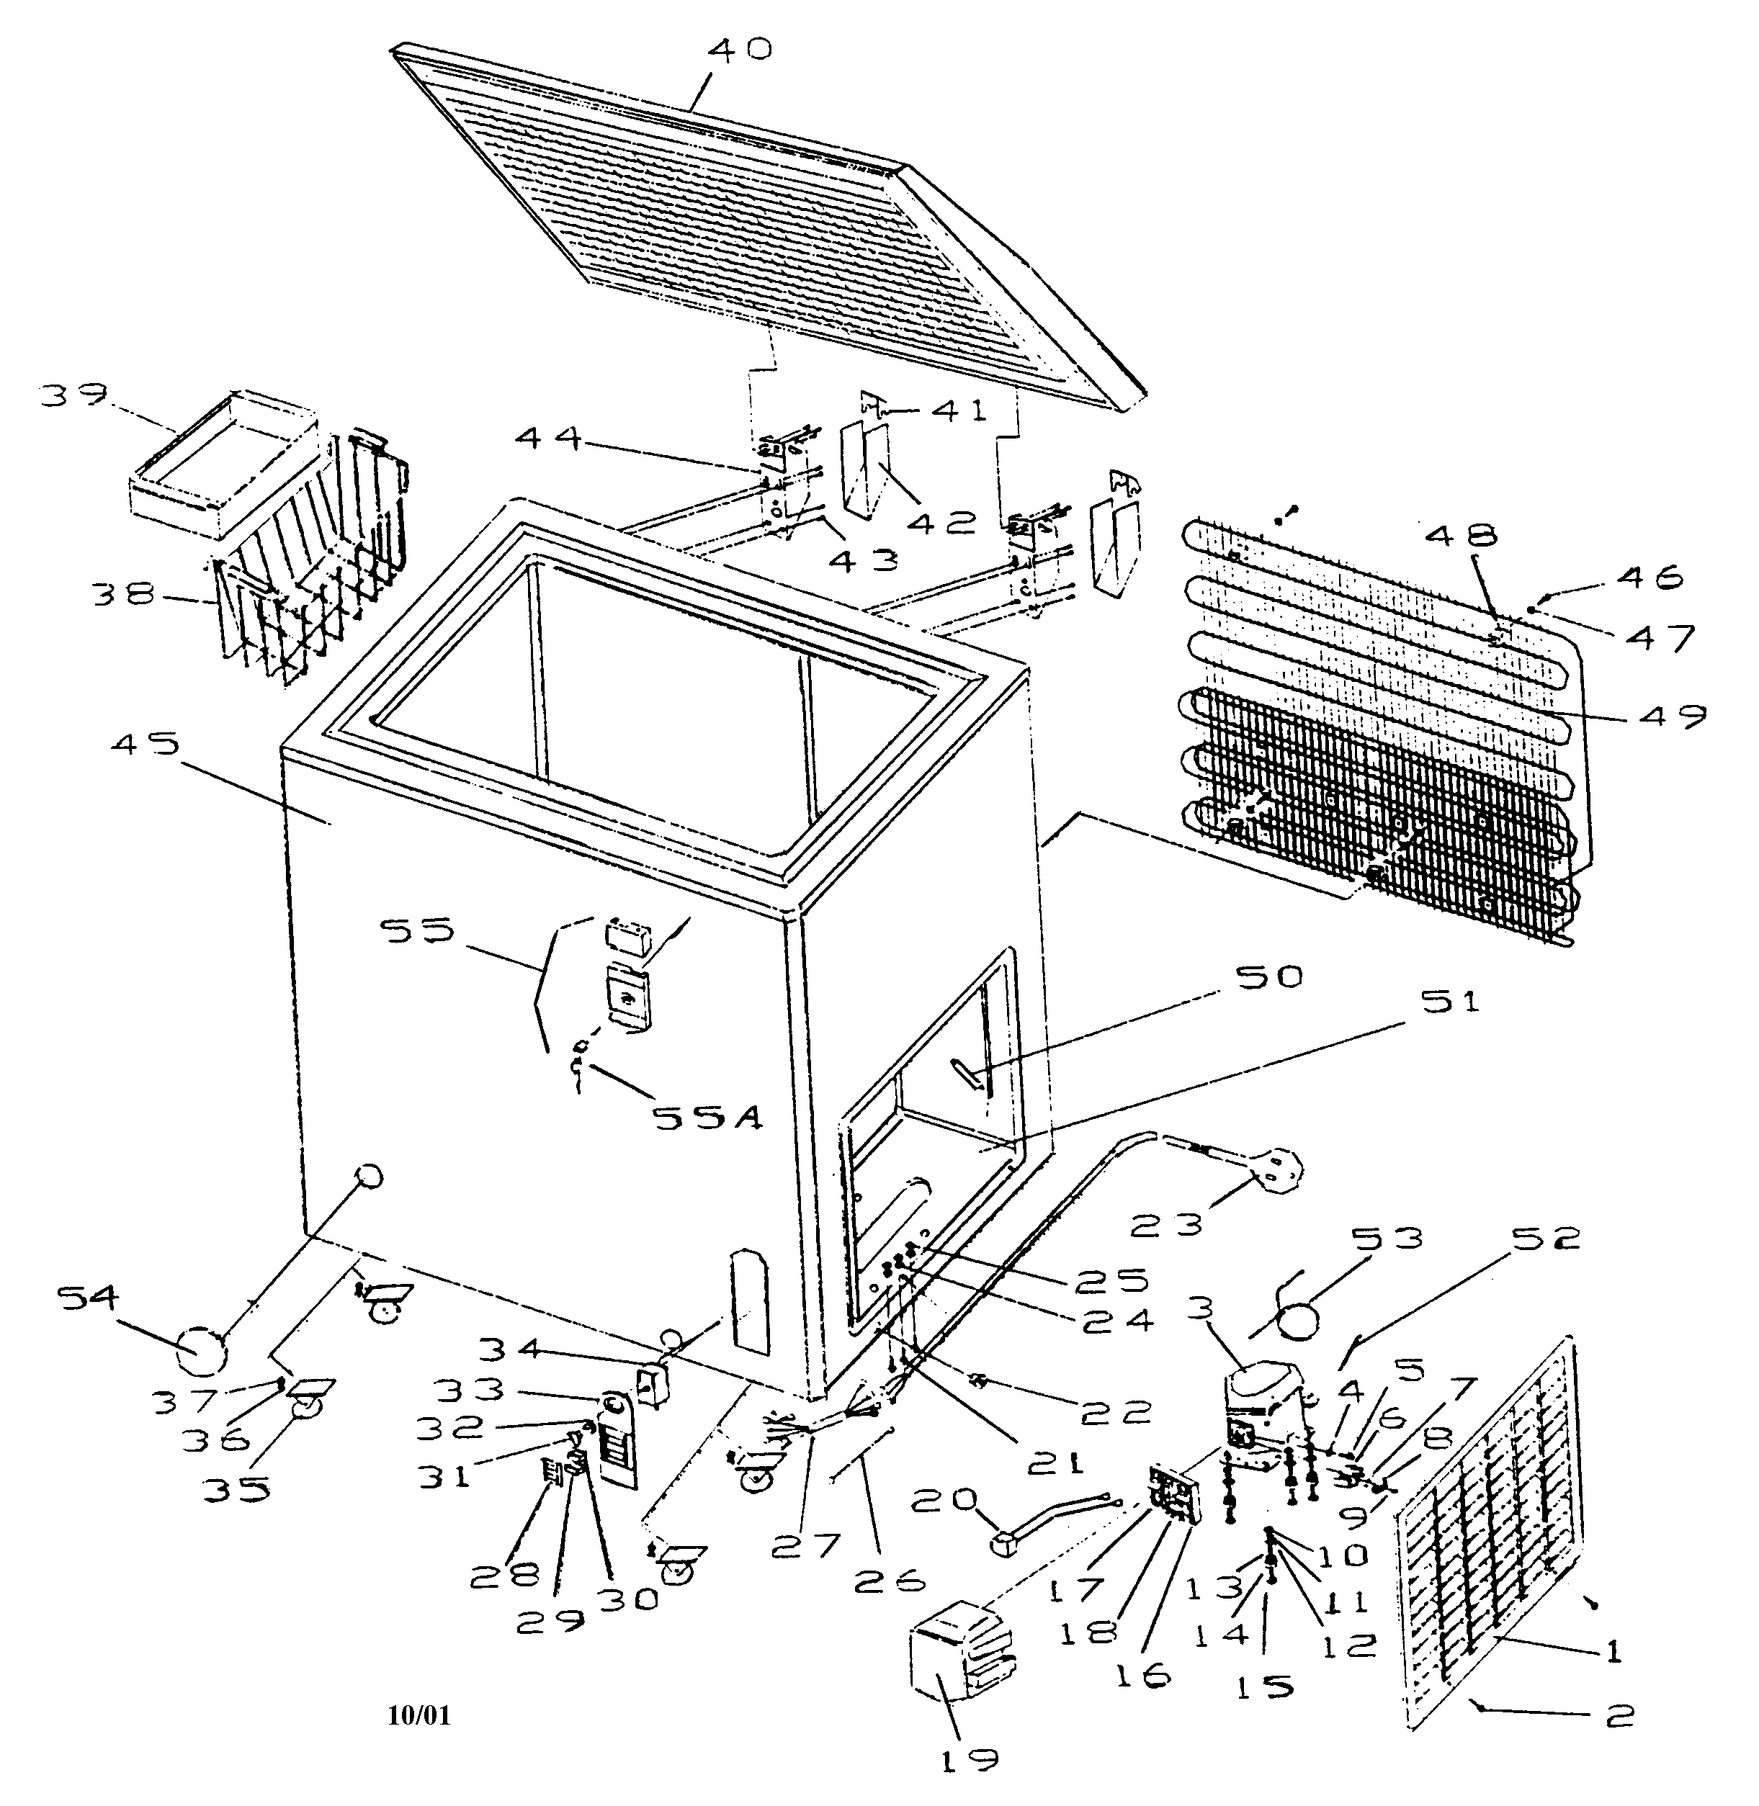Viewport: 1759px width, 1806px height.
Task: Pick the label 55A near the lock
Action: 707,1118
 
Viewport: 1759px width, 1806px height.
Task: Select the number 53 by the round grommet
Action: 1384,1237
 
